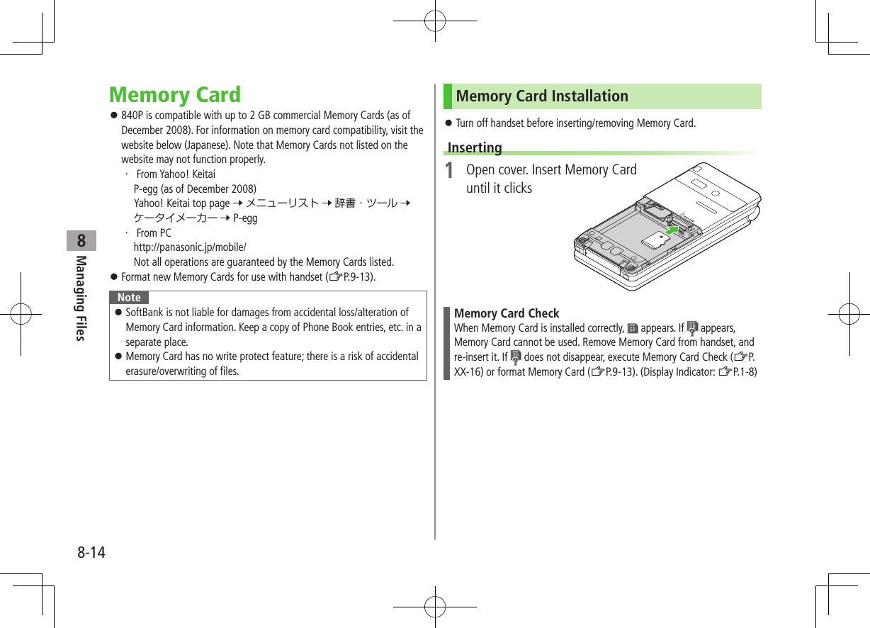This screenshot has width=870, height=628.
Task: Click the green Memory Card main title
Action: [175, 95]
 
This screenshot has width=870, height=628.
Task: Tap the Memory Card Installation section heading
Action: [542, 96]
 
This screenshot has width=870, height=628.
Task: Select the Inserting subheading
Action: [475, 147]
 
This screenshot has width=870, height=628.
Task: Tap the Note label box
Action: [129, 297]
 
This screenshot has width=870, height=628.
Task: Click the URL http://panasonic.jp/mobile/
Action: [190, 247]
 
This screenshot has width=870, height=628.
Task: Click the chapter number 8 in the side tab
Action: [82, 240]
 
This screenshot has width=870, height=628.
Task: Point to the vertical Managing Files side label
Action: [81, 298]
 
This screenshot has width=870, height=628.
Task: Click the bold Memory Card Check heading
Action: [507, 313]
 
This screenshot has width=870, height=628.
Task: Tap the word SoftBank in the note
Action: [145, 313]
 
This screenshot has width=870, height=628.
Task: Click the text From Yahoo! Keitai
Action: [176, 174]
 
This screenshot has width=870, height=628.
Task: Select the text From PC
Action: [154, 233]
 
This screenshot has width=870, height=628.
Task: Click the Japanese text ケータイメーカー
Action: [176, 218]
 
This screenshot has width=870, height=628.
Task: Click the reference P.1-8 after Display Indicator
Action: [742, 372]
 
